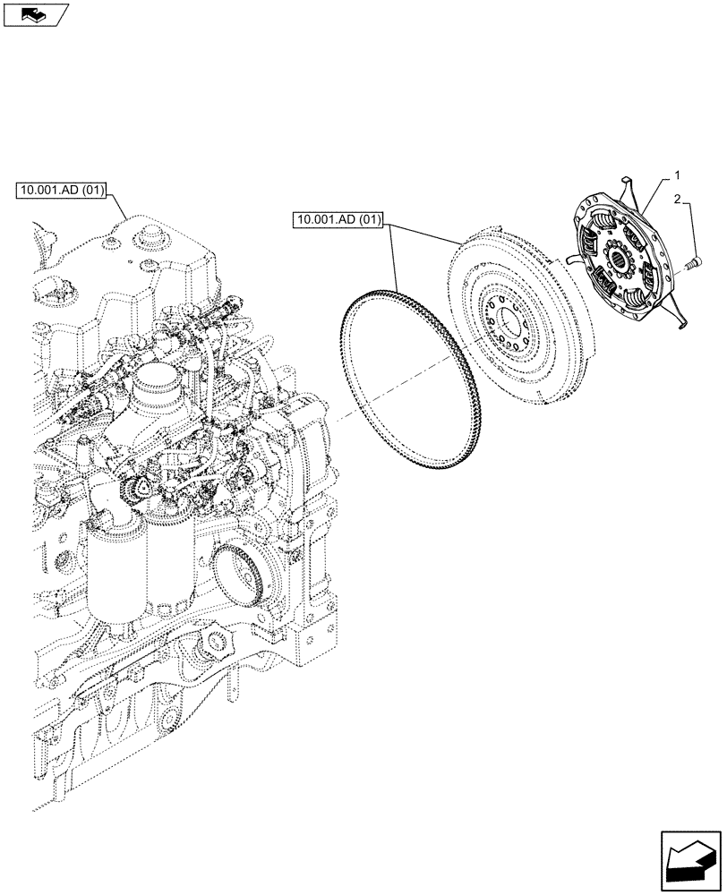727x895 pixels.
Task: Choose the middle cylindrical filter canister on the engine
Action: (170, 564)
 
